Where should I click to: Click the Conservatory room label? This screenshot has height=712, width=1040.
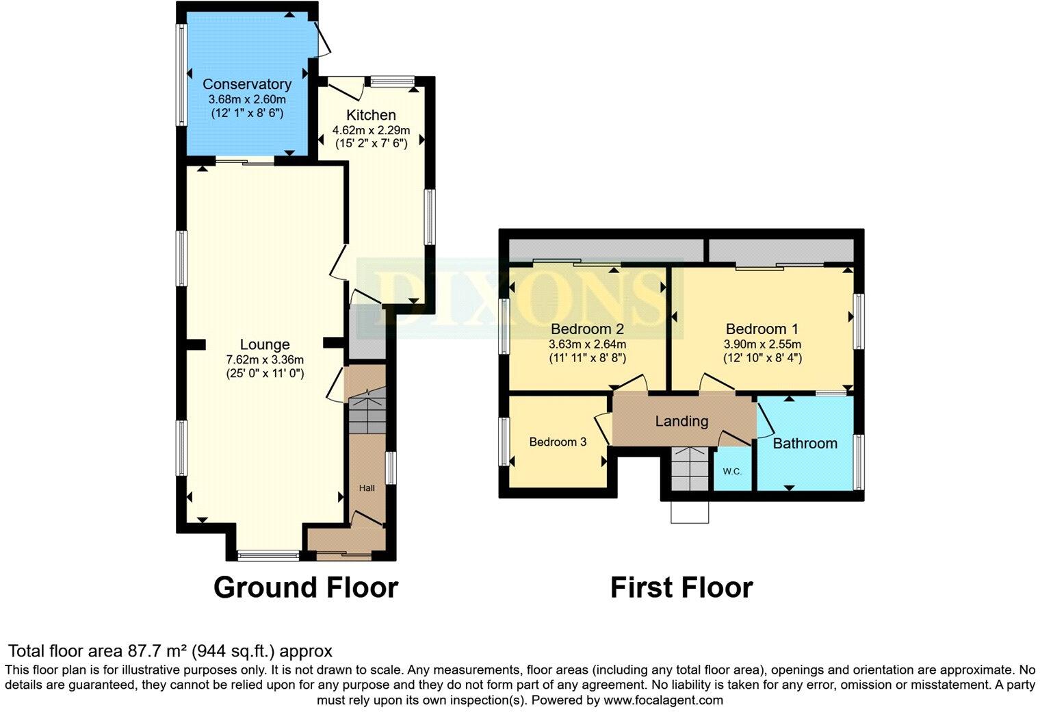(247, 84)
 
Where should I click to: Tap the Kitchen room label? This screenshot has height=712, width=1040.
(371, 114)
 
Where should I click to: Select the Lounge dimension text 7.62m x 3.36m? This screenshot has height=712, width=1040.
(265, 359)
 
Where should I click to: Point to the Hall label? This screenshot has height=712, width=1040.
(367, 488)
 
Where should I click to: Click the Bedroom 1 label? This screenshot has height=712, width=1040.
(762, 329)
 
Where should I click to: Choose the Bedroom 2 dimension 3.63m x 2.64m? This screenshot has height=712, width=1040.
(587, 344)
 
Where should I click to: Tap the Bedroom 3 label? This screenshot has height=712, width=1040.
(558, 442)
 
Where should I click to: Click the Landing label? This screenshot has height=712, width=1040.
(681, 421)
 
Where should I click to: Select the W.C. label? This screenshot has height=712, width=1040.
(732, 472)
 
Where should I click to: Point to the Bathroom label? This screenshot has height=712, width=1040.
(805, 444)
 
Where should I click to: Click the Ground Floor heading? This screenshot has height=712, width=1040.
(306, 587)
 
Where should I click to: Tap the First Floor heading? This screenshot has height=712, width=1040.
(681, 587)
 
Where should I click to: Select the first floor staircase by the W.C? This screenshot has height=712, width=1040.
(688, 469)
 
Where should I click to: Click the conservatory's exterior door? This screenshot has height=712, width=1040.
(322, 40)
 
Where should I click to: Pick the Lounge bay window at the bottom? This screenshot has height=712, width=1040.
(268, 555)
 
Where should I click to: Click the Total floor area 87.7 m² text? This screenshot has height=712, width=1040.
(170, 650)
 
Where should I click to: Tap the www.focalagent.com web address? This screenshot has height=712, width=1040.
(663, 700)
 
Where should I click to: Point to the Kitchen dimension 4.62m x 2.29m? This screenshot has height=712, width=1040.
(371, 130)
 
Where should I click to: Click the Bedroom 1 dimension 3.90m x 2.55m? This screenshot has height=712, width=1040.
(762, 344)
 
